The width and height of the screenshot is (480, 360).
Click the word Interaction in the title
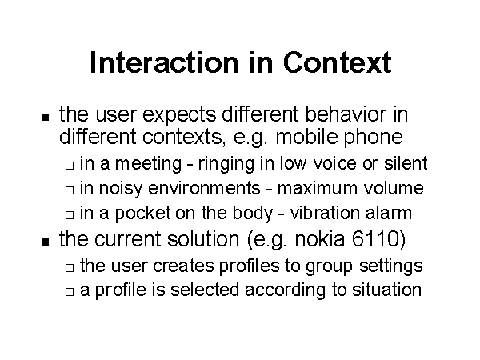(164, 62)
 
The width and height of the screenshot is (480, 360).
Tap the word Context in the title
(337, 62)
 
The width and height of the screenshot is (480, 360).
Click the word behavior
(346, 114)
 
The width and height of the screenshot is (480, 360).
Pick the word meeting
(149, 165)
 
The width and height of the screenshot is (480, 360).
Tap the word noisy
(120, 189)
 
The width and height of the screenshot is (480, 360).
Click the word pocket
(142, 214)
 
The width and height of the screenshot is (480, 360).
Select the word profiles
(249, 266)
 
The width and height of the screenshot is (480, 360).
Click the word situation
(386, 290)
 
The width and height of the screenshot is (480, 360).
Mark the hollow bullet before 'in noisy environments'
(70, 190)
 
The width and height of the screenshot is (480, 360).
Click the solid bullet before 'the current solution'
(46, 242)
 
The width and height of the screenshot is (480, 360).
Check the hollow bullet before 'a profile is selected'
(70, 292)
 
